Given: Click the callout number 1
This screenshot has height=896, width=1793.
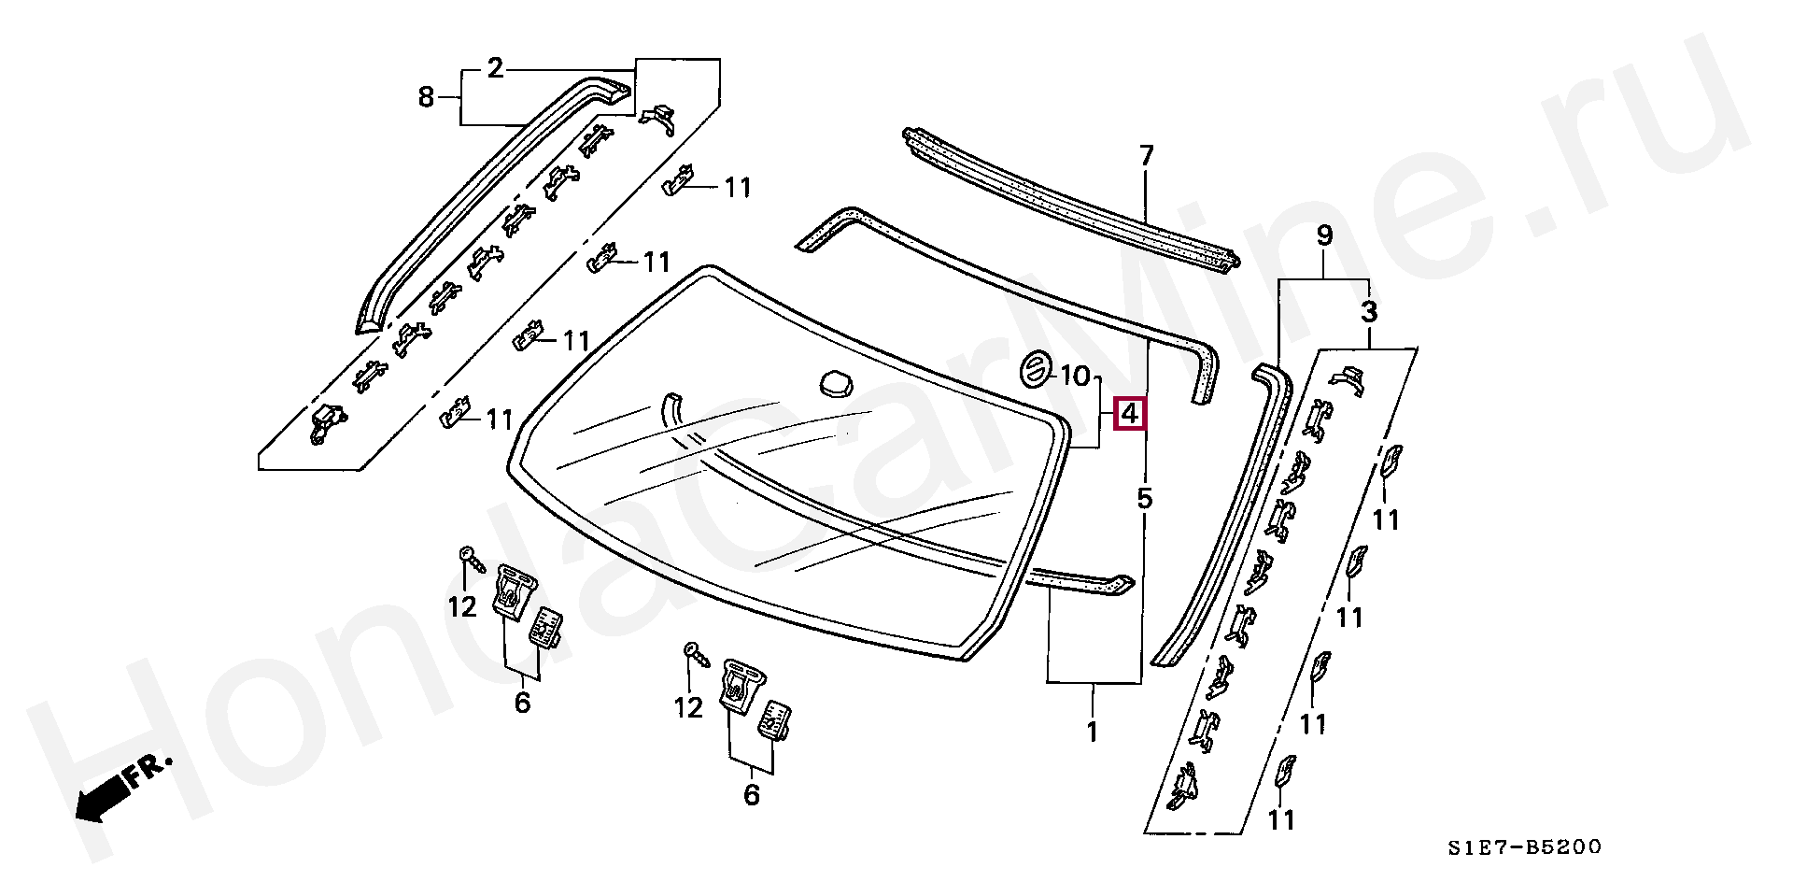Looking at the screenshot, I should coord(1092,731).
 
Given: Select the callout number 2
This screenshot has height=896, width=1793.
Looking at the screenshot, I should coord(495,68).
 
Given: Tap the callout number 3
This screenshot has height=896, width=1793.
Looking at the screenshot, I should coord(1368,312).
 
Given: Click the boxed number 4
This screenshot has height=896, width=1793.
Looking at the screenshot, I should coord(1130,413).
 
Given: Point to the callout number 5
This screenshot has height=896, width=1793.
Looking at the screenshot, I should coord(1144,499).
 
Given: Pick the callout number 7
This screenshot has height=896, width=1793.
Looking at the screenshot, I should coord(1146,155).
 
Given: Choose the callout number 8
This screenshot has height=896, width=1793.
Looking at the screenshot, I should coord(426,96).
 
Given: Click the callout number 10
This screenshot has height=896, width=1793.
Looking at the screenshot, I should coord(1075,377).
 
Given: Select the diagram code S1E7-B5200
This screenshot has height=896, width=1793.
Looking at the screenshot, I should coord(1524,847).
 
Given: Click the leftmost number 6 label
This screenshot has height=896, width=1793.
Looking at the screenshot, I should coord(522,701).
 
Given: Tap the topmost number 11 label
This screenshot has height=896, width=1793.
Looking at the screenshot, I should coord(738,188).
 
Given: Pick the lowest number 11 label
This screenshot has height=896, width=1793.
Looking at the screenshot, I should coord(1282,819).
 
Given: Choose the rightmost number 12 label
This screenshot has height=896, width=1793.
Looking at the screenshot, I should coord(688,707).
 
